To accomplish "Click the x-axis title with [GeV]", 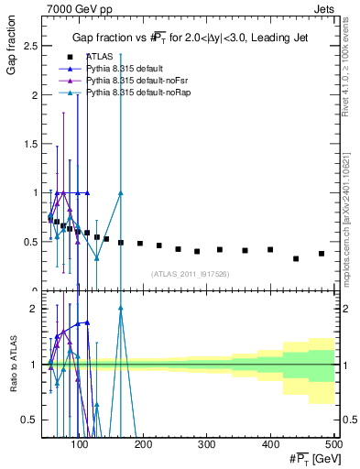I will pyautogui.click(x=310, y=459).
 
